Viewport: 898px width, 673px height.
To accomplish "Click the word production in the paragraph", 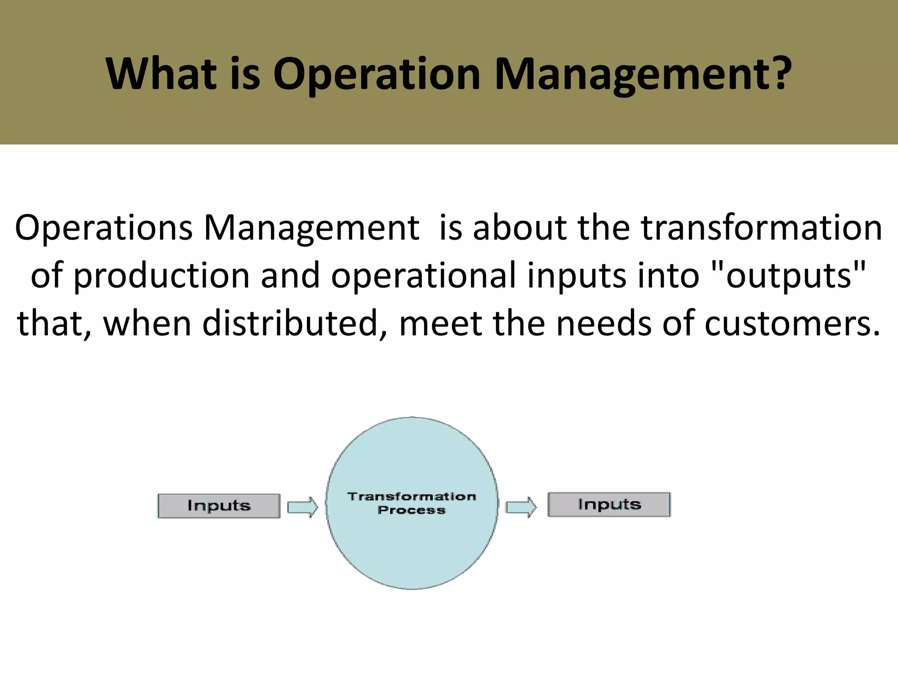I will (161, 276).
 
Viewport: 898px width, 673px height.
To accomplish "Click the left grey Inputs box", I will (219, 506).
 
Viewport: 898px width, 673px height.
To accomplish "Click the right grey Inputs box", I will (609, 504).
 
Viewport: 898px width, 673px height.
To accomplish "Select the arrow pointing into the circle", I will (302, 507).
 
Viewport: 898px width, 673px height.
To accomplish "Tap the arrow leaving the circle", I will (520, 507).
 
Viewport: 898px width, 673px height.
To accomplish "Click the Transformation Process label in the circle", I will (411, 503).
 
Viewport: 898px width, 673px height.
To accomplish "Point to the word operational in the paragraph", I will (424, 276).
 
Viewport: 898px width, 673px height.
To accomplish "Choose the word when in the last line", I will (146, 323).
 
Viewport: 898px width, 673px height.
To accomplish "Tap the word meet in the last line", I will (440, 323).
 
